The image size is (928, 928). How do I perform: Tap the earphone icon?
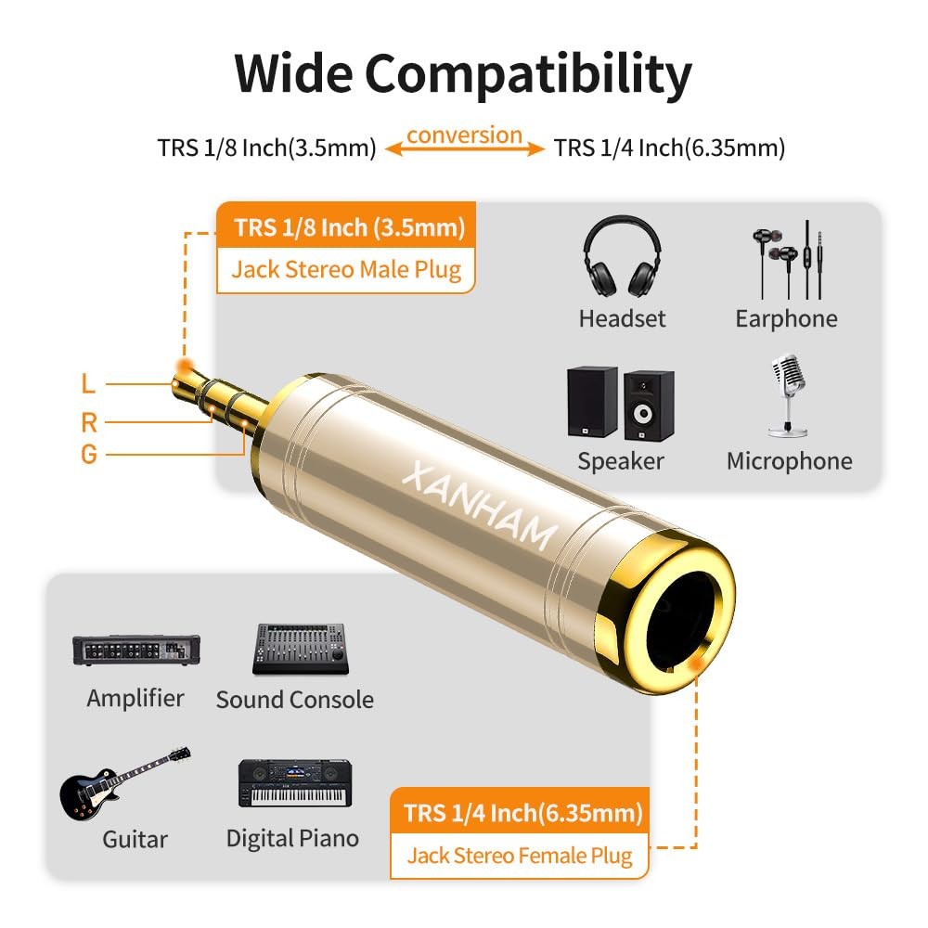[x=787, y=259]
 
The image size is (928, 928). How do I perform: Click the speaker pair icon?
[x=620, y=403]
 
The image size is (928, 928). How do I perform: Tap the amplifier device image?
[x=135, y=649]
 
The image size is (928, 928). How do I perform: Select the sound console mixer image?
[x=301, y=648]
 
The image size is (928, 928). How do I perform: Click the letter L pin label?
[x=88, y=382]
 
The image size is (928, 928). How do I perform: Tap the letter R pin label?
[x=89, y=423]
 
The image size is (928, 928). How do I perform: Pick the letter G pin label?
[x=89, y=455]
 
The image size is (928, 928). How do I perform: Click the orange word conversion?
[x=465, y=135]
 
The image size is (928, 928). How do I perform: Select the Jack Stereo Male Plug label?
[x=346, y=270]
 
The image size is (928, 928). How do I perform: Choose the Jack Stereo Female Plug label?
[x=520, y=855]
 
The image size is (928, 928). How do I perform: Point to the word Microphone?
[x=789, y=461]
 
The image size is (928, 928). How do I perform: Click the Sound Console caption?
[x=295, y=700]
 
